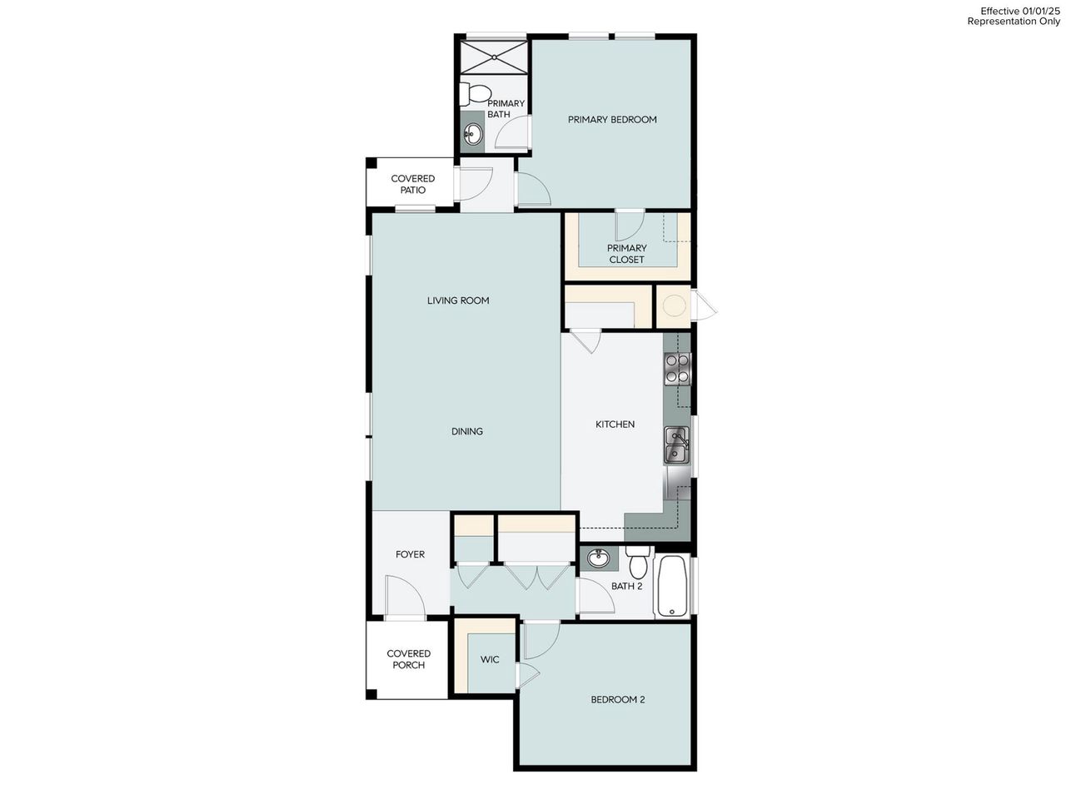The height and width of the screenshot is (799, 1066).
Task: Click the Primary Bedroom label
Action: [x=612, y=119]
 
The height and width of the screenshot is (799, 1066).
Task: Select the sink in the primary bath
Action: [x=473, y=133]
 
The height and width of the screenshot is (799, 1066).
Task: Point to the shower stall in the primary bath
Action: [x=495, y=57]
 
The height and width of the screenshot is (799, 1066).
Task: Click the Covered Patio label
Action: [x=413, y=184]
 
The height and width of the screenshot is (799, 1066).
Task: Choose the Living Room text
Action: [x=458, y=300]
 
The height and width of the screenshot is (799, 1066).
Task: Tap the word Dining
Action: [x=467, y=431]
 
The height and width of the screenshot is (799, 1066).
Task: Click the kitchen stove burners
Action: [x=676, y=368]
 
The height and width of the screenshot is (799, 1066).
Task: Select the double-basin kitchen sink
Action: [x=675, y=445]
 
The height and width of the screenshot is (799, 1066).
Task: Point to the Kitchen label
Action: [x=615, y=424]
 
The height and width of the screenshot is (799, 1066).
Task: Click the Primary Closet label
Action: [x=626, y=254]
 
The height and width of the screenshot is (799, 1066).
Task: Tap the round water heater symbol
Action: [x=673, y=306]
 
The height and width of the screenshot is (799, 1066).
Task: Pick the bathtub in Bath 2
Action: [x=672, y=586]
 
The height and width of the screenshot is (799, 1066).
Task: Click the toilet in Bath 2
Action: [x=638, y=563]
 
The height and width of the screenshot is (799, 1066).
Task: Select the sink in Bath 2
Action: [x=597, y=558]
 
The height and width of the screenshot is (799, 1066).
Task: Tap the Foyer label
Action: [x=410, y=554]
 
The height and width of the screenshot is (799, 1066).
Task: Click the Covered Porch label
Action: [x=408, y=659]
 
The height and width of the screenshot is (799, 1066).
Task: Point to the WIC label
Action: [x=490, y=660]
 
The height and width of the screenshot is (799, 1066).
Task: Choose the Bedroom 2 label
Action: [x=618, y=700]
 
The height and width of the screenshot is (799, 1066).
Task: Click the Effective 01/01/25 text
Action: [x=1014, y=11]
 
